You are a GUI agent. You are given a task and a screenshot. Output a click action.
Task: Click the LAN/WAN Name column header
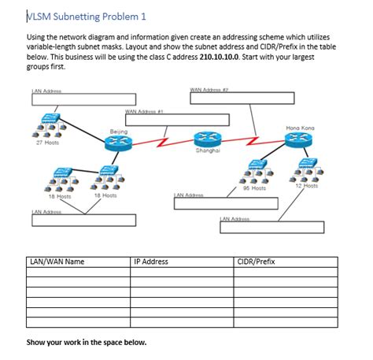[x=56, y=261]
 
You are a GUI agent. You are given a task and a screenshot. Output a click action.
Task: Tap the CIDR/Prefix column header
[x=257, y=261]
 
